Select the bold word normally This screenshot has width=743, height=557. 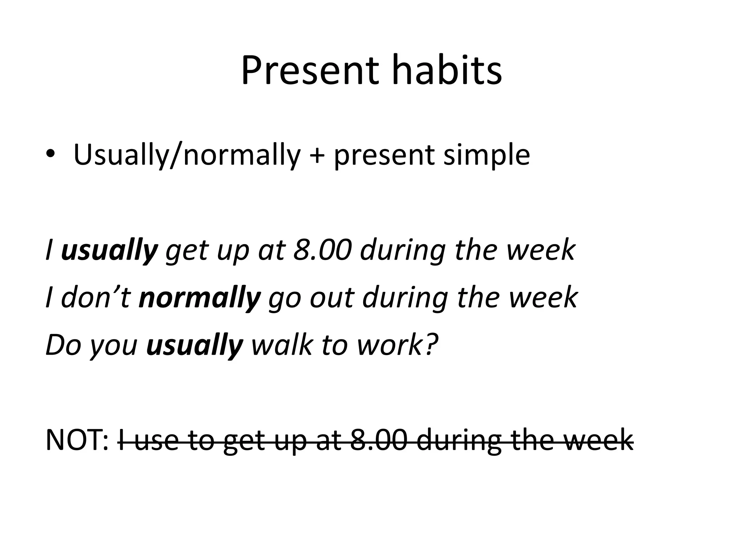click(200, 298)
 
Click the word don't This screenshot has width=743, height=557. click(95, 297)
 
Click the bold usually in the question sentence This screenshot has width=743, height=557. click(194, 345)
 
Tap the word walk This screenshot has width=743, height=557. click(282, 344)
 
